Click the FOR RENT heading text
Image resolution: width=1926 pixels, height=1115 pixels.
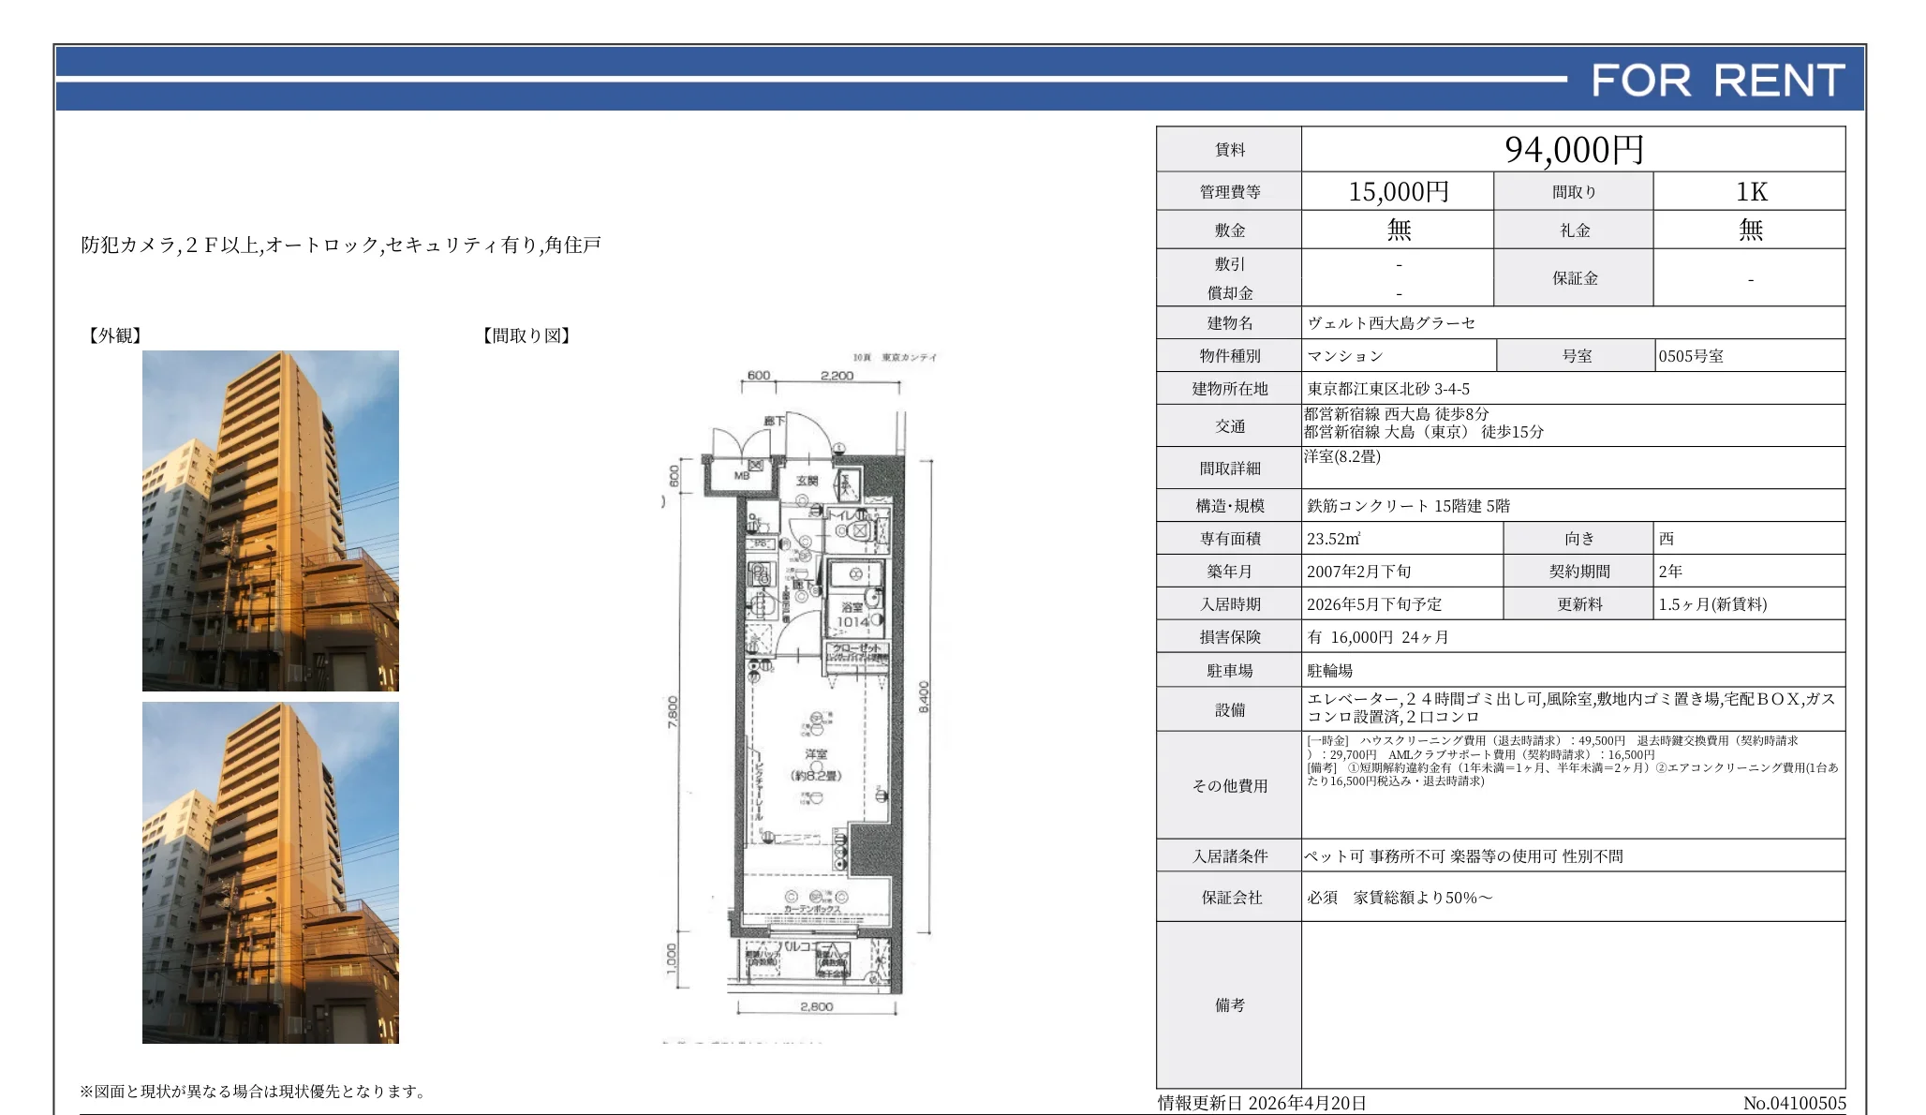pyautogui.click(x=1717, y=81)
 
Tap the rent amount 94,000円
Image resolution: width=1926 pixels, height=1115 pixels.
pyautogui.click(x=1574, y=150)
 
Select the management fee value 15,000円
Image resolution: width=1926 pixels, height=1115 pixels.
pyautogui.click(x=1398, y=192)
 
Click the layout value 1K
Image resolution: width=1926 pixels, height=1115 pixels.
pyautogui.click(x=1750, y=192)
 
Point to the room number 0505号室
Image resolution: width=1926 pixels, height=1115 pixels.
pyautogui.click(x=1691, y=356)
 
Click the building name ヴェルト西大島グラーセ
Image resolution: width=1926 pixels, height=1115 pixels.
pyautogui.click(x=1391, y=323)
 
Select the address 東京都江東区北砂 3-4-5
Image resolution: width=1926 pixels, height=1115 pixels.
pyautogui.click(x=1388, y=389)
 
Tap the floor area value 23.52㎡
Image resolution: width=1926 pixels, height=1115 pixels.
pyautogui.click(x=1333, y=539)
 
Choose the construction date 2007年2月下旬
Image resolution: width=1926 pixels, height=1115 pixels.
pyautogui.click(x=1358, y=572)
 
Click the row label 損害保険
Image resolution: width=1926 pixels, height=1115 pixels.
pyautogui.click(x=1230, y=637)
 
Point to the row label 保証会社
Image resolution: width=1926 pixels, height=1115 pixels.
pyautogui.click(x=1231, y=898)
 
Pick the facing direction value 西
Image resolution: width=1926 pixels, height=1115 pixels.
pyautogui.click(x=1666, y=539)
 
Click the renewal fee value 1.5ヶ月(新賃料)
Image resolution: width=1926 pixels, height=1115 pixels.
pyautogui.click(x=1712, y=604)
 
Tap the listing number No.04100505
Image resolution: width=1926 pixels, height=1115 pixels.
pyautogui.click(x=1794, y=1103)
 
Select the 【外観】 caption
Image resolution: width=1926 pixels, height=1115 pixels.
pyautogui.click(x=114, y=335)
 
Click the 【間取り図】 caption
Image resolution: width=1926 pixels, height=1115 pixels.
pyautogui.click(x=526, y=335)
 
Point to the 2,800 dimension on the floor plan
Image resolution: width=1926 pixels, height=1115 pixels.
pyautogui.click(x=817, y=1006)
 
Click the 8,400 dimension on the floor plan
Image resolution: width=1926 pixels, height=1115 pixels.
pyautogui.click(x=924, y=696)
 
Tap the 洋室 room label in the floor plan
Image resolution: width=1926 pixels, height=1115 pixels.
pyautogui.click(x=816, y=754)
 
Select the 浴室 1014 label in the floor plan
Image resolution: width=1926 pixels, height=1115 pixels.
pyautogui.click(x=852, y=615)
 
